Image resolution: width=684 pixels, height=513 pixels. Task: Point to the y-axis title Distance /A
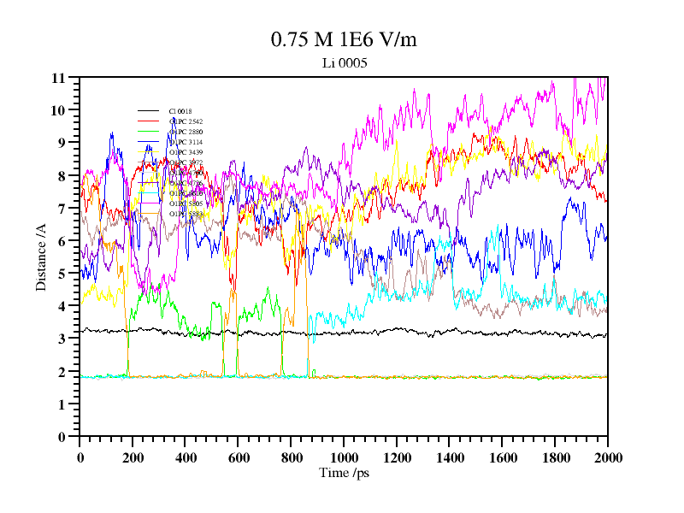point(41,257)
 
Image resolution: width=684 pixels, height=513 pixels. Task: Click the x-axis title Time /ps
point(344,472)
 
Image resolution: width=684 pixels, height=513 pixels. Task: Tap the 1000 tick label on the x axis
point(344,457)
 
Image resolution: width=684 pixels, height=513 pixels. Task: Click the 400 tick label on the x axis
point(186,457)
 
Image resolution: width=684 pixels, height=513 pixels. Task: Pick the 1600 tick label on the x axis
point(502,457)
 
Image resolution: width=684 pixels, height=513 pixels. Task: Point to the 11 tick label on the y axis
point(58,78)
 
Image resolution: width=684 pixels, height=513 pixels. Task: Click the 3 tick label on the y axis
point(62,339)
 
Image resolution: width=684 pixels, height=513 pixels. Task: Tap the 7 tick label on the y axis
point(62,209)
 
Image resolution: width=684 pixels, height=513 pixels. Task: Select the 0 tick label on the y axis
point(62,437)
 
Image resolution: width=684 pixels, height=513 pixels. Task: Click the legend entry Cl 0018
point(180,111)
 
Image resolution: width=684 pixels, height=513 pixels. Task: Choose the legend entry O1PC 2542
point(185,121)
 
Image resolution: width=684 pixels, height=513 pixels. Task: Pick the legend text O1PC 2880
point(185,132)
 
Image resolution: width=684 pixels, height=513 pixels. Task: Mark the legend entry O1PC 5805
point(185,203)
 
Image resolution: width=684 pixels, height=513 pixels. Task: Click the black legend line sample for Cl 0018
point(149,111)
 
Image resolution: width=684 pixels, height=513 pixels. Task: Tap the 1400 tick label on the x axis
point(449,457)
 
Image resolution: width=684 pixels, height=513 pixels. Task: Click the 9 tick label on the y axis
point(62,143)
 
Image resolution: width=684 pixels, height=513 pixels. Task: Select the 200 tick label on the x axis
point(133,457)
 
